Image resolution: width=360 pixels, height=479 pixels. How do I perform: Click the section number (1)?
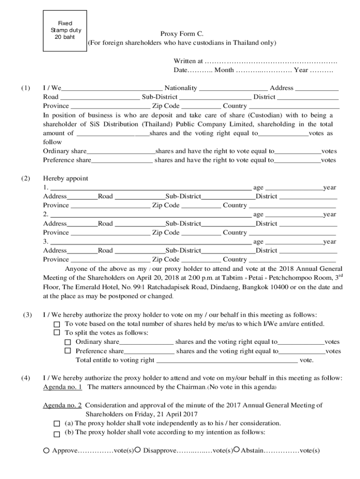tap(25, 88)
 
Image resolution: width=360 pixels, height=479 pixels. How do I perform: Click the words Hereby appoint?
tap(65, 178)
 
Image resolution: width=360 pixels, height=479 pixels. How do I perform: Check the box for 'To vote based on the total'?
tap(57, 324)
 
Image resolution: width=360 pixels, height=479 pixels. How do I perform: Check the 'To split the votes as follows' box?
tap(57, 333)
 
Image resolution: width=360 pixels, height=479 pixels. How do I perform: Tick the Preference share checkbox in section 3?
tap(68, 351)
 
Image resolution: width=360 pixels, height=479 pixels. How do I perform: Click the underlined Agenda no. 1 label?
tap(63, 387)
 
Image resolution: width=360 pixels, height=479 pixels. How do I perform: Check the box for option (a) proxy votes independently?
tap(57, 423)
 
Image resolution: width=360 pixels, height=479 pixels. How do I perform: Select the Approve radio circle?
tap(46, 450)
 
